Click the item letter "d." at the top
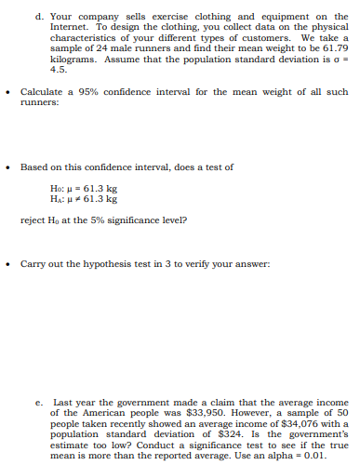point(38,16)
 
